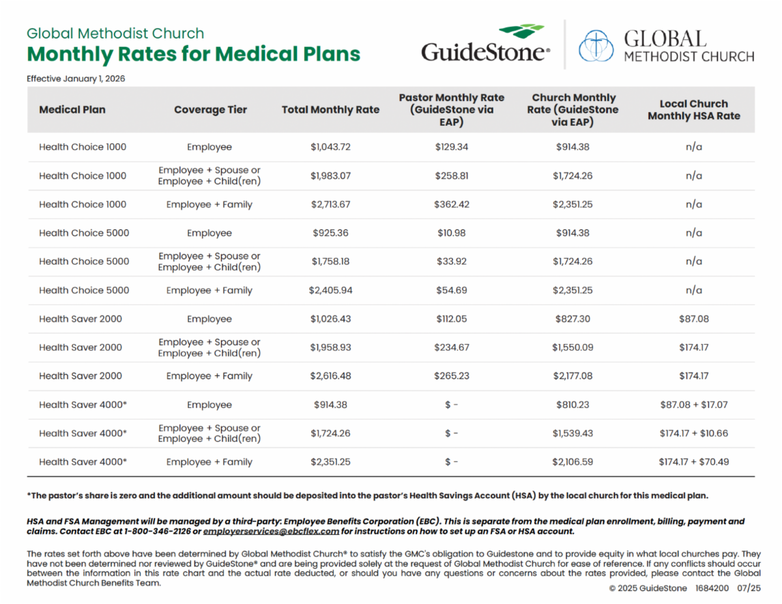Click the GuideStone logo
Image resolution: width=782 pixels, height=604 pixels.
coord(485,44)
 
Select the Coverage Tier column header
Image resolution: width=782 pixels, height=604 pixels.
coord(210,109)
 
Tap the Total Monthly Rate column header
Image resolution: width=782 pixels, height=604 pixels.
coord(330,109)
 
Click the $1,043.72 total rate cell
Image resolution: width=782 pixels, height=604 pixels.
coord(330,147)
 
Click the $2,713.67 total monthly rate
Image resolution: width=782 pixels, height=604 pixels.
coord(330,205)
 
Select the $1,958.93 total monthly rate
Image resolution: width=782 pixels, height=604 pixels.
coord(330,347)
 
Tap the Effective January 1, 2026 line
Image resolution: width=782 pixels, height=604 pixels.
coord(76,79)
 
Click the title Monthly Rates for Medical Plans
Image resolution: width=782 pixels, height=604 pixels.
coord(194,54)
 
